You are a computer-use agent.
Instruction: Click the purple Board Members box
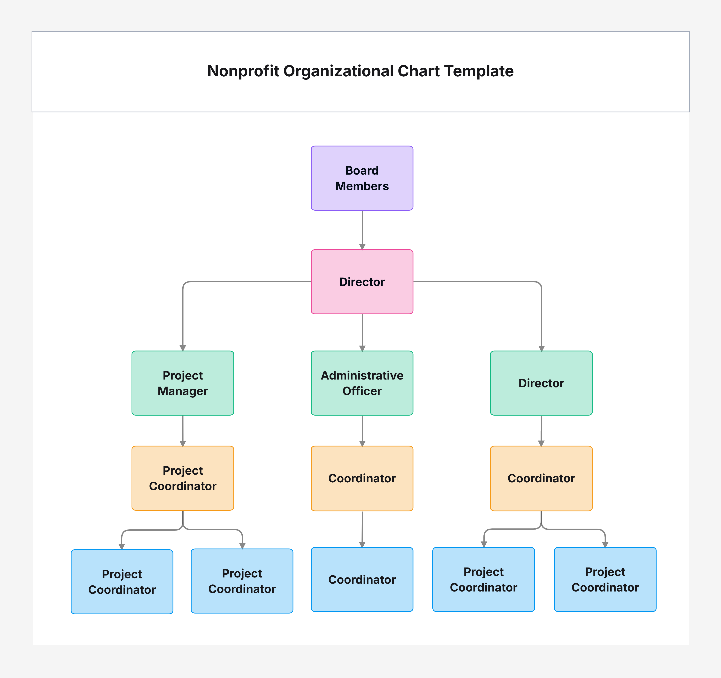(x=362, y=178)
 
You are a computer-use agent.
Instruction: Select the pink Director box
(x=362, y=282)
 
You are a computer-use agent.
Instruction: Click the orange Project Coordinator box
(x=183, y=478)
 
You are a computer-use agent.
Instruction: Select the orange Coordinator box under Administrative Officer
(x=362, y=478)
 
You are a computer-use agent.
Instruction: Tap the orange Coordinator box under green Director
(x=541, y=478)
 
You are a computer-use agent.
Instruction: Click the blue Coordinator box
(x=362, y=579)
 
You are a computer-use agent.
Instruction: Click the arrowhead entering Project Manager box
(x=183, y=348)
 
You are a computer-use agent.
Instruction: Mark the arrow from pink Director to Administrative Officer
(x=362, y=333)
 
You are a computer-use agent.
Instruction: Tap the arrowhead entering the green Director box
(x=542, y=348)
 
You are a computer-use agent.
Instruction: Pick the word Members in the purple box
(x=362, y=186)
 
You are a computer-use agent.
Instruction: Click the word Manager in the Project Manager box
(x=183, y=391)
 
